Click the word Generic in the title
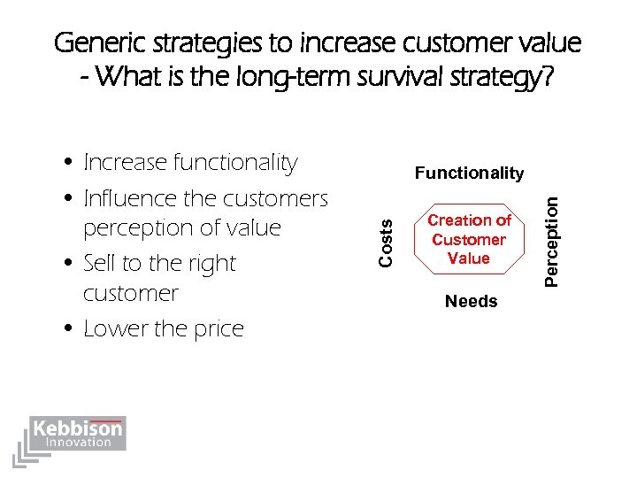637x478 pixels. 96,42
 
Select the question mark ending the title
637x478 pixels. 548,78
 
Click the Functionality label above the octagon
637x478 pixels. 469,173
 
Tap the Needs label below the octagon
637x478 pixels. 471,302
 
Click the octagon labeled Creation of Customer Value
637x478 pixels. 469,239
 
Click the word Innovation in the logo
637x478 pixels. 80,443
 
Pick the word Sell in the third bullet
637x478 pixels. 98,264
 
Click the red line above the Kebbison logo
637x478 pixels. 104,420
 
